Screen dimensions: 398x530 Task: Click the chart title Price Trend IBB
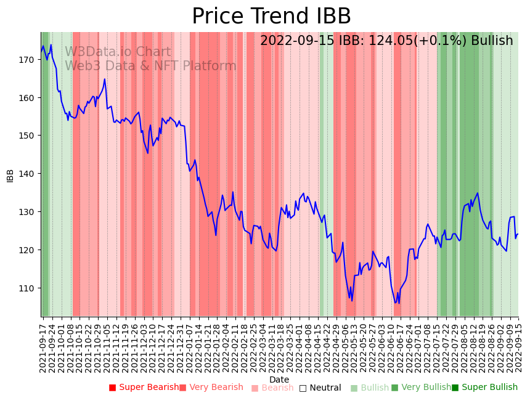[271, 17]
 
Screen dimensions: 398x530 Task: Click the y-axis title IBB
[10, 175]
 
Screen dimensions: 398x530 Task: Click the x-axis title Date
[279, 380]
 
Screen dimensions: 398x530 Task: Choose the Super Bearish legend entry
[148, 388]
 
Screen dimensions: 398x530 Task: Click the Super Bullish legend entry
[489, 388]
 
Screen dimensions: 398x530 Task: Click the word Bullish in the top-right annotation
[492, 41]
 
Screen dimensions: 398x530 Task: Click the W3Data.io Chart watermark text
[118, 52]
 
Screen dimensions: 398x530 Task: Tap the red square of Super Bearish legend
[113, 388]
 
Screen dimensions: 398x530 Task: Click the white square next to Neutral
[303, 388]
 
